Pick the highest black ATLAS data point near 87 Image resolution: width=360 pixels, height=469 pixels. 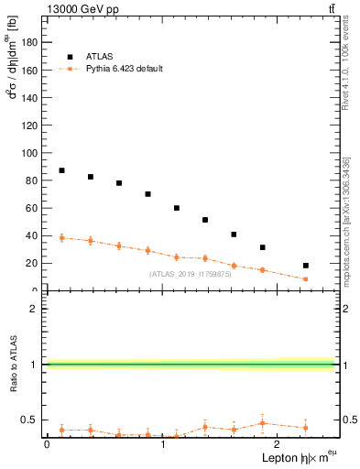coord(61,170)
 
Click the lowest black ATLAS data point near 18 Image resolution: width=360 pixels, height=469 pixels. coord(306,266)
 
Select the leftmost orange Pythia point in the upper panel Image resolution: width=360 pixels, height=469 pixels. coord(61,238)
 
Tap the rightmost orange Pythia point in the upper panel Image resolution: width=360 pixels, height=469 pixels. coord(306,279)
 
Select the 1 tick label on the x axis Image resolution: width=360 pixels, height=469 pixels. coord(163,443)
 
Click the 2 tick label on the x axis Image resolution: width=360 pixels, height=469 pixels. coord(279,443)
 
